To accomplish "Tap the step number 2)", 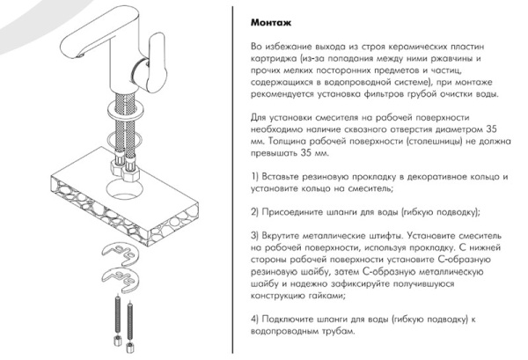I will pos(254,213).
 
